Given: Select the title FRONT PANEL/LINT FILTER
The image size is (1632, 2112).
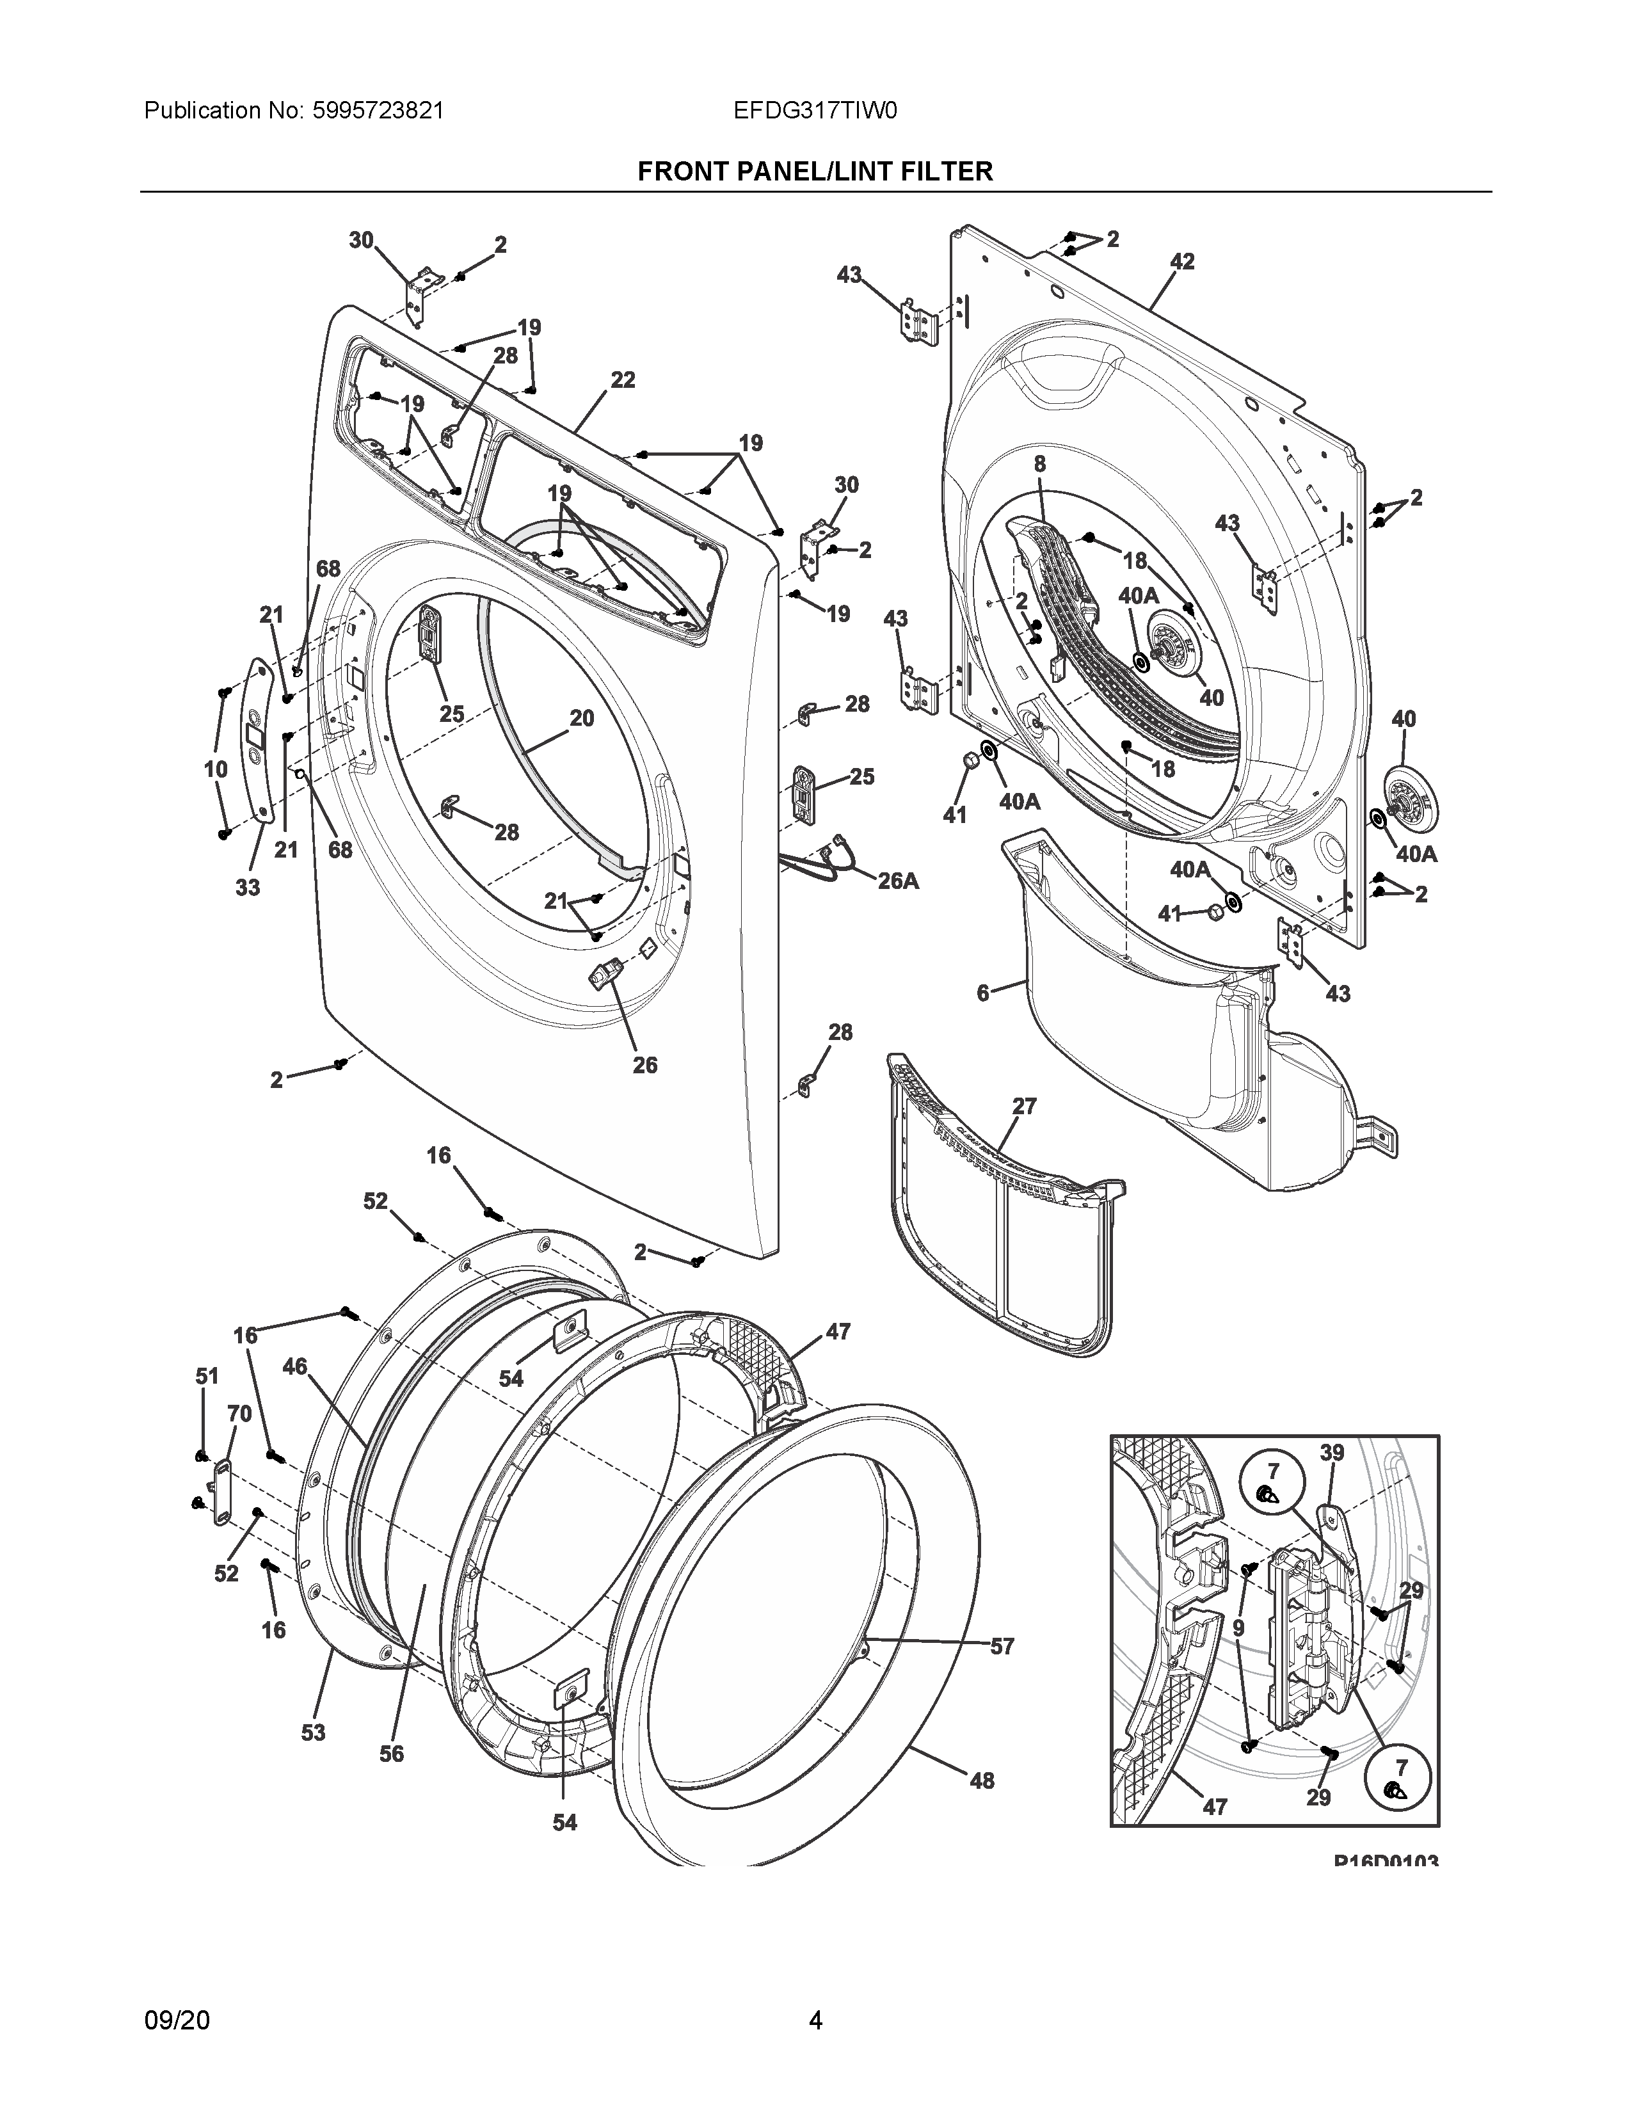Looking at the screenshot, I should point(815,172).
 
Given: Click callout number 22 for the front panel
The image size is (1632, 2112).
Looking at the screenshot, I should point(623,380).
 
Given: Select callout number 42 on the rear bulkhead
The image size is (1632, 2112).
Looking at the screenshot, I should point(1181,261).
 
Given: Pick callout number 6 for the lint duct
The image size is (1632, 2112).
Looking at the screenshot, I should point(983,993).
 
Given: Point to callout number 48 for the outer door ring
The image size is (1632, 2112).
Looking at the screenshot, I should point(981,1780).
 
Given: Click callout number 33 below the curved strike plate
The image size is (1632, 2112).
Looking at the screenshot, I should point(248,887).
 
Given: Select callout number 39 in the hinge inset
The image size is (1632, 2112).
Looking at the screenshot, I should point(1331,1480).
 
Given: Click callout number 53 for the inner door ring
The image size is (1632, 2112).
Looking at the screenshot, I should point(312,1732).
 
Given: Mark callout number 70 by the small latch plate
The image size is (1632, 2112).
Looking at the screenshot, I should point(239,1414).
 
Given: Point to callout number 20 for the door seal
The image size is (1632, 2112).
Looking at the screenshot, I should point(581,719).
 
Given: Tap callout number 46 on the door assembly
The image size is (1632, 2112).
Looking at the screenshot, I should point(295,1366).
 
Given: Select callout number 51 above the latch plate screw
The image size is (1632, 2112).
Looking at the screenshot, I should point(207,1376).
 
